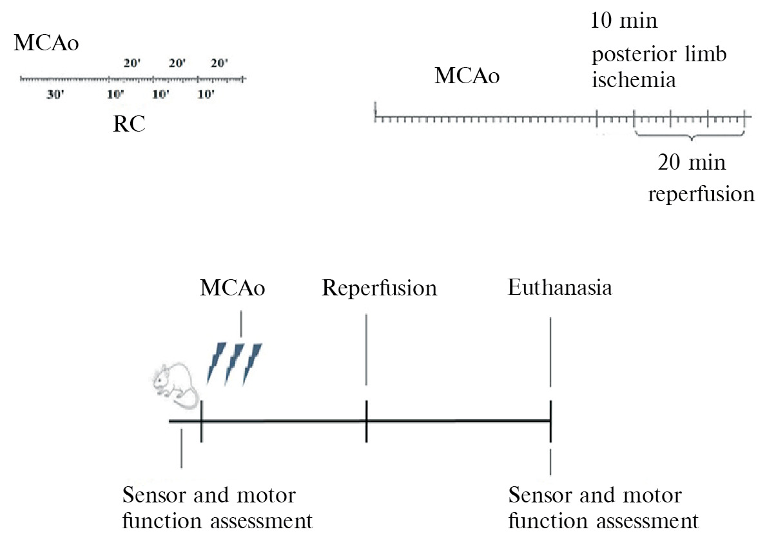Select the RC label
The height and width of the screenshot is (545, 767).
(x=129, y=124)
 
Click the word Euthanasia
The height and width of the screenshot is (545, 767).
(x=559, y=287)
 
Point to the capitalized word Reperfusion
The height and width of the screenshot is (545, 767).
(x=380, y=288)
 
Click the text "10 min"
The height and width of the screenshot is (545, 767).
(x=624, y=21)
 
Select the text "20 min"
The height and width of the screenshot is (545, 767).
(x=692, y=162)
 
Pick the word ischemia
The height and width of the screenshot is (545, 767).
(x=634, y=81)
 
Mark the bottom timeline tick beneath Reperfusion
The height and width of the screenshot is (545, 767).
(x=366, y=421)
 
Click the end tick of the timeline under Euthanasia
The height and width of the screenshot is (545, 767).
(x=550, y=421)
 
